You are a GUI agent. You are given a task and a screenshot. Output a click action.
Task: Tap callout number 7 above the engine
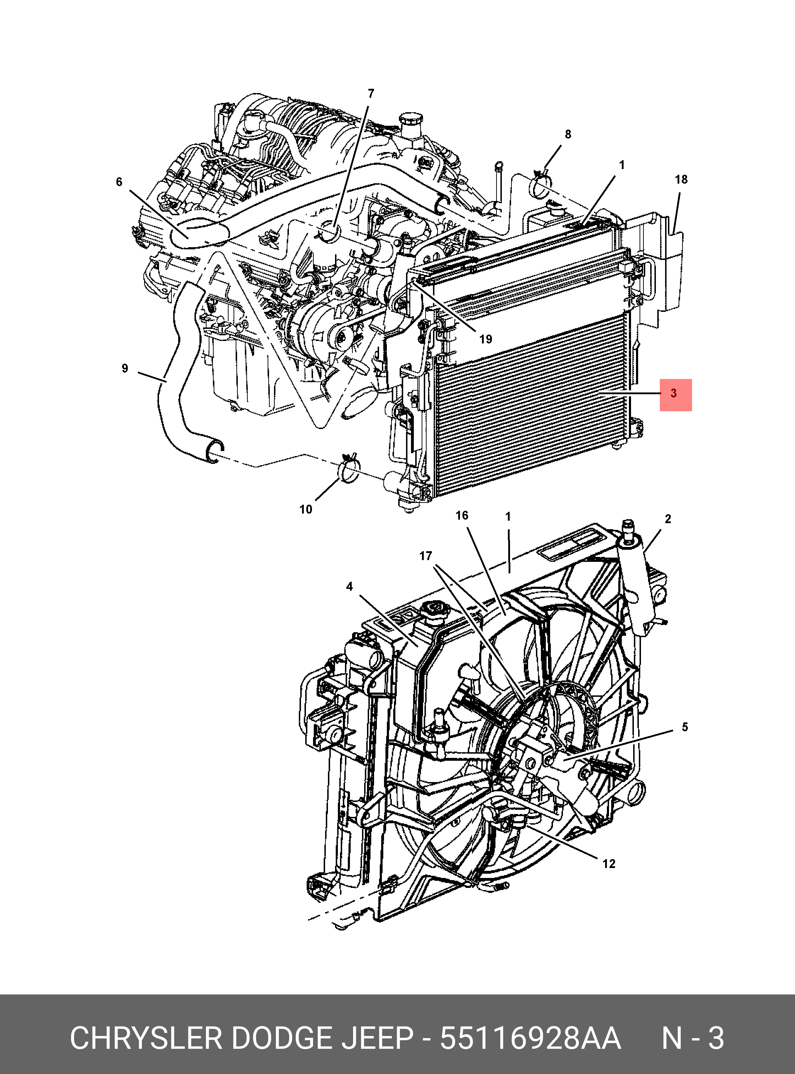[371, 93]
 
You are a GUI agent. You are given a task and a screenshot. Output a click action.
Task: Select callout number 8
[568, 134]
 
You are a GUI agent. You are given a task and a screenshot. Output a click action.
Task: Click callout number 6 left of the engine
[119, 182]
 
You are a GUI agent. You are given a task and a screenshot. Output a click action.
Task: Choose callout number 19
[486, 339]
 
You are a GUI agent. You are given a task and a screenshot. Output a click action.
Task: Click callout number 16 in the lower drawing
[461, 516]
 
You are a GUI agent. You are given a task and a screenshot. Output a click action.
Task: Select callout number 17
[426, 556]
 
